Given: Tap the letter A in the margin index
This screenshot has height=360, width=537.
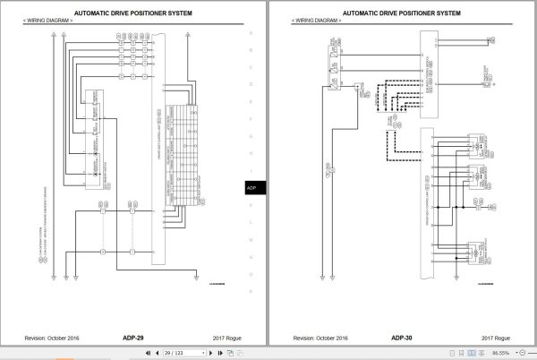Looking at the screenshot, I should pyautogui.click(x=251, y=34).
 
